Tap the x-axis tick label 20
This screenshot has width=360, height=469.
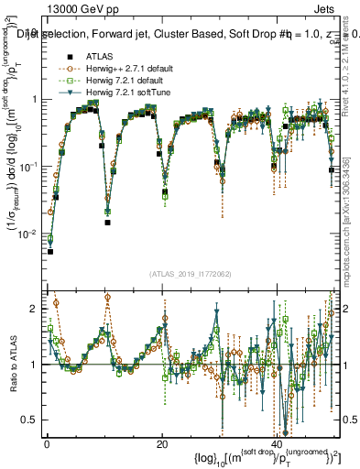pos(162,444)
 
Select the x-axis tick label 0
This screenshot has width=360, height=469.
pos(47,444)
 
